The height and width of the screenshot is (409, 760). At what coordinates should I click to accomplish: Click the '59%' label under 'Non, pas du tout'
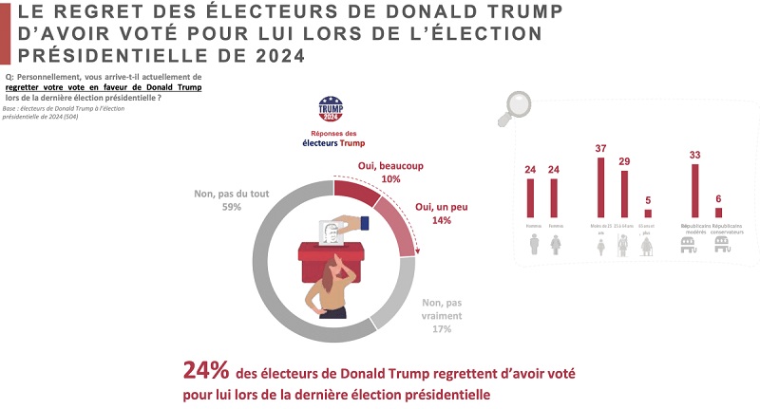218,207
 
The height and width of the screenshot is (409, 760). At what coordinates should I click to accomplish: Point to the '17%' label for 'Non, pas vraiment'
441,329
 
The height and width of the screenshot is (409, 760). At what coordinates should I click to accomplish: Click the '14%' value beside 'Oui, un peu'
440,220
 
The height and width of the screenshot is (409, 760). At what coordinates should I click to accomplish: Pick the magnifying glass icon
517,106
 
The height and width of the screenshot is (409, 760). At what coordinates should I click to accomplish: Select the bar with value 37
600,187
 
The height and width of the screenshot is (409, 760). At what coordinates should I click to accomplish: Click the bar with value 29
624,194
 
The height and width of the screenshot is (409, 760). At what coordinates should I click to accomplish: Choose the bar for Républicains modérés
694,191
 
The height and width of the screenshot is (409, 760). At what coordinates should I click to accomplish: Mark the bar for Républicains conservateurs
718,212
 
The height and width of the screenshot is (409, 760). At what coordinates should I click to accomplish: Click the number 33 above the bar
694,155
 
